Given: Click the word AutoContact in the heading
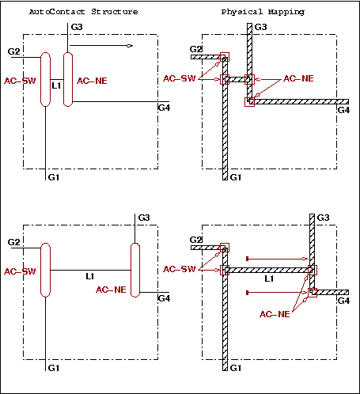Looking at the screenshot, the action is click(57, 12).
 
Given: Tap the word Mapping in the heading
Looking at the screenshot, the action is click(286, 13).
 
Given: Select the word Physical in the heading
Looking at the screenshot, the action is click(242, 13).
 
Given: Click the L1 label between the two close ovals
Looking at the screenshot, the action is click(56, 85).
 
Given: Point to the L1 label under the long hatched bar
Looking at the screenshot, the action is click(269, 278).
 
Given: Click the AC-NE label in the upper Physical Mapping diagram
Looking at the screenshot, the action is click(298, 78).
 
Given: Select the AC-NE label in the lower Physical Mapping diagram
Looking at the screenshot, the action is click(275, 314).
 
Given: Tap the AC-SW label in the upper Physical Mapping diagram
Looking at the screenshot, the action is click(180, 78).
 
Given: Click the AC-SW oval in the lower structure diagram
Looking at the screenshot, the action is click(45, 270).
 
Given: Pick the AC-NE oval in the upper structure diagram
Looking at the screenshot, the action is click(68, 79).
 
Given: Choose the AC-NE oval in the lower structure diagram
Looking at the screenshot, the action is click(135, 270).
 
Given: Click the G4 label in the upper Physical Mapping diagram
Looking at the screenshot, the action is click(343, 110).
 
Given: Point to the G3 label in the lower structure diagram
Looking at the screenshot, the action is click(144, 218).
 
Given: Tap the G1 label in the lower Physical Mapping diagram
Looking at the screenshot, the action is click(236, 368).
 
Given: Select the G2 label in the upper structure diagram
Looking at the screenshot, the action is click(13, 51).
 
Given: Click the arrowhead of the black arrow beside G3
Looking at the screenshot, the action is click(130, 46).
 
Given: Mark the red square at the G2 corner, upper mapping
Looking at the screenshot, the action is click(225, 57).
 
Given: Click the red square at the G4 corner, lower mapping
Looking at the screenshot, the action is click(313, 293).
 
